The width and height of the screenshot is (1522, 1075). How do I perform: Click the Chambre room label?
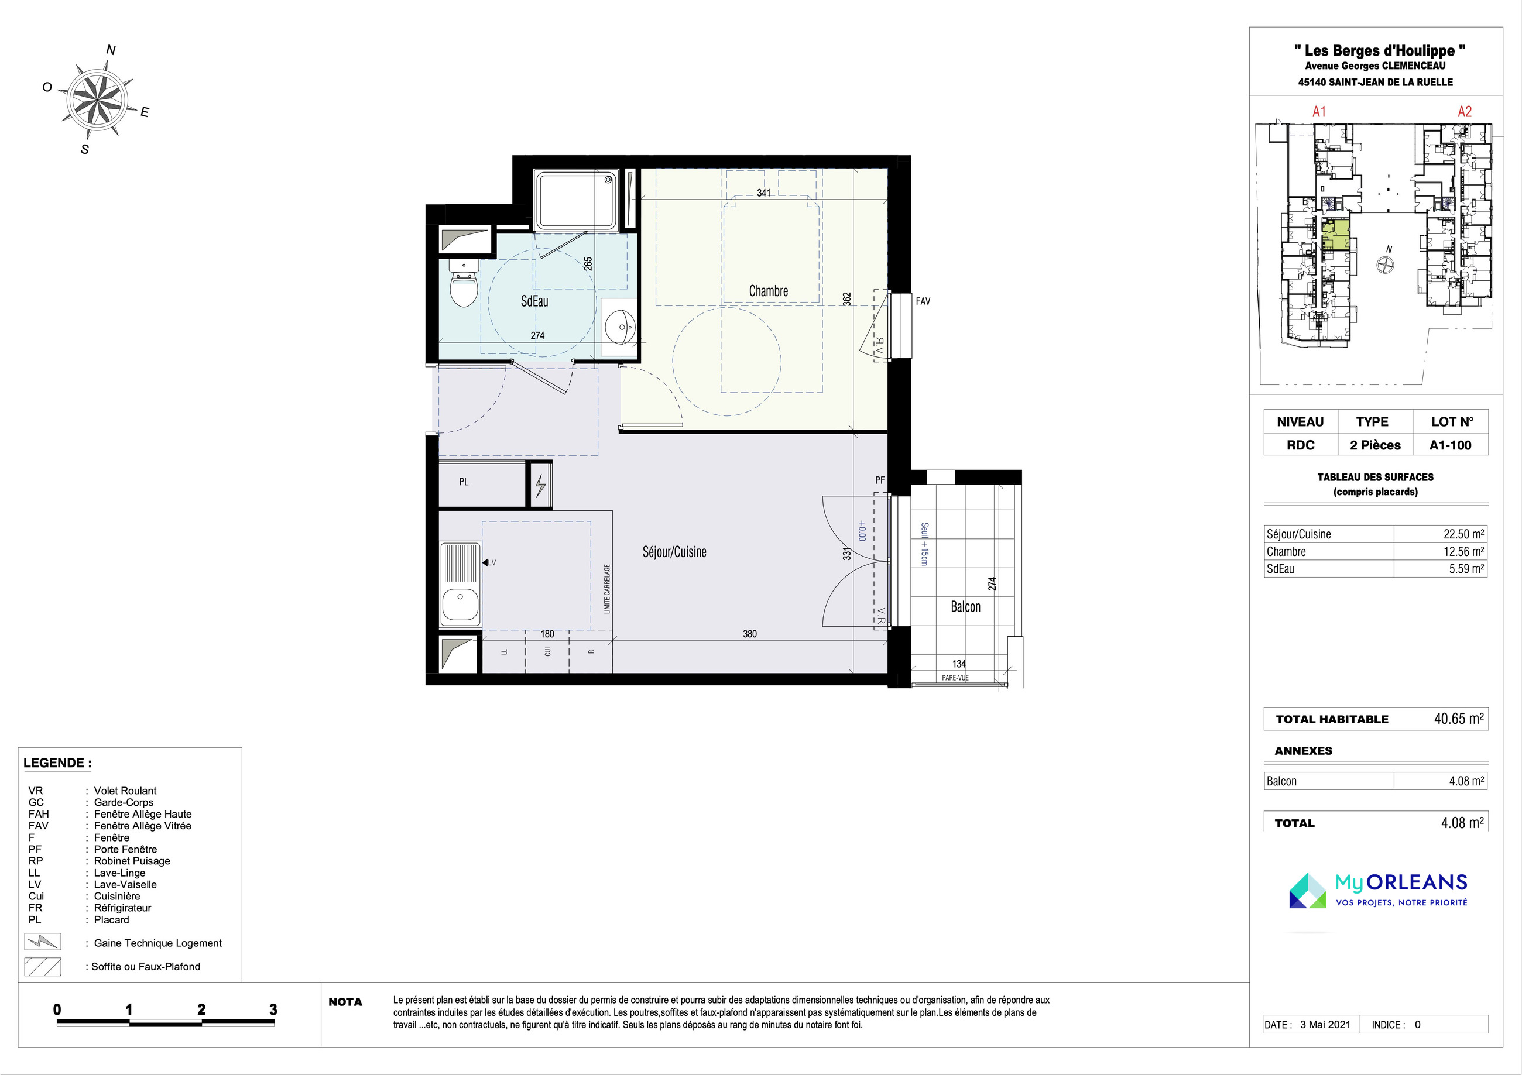768,291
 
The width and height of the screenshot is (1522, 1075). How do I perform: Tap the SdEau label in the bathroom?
534,301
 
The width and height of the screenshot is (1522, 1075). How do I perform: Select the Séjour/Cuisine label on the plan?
674,552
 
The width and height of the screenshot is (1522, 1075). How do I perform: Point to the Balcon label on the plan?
965,606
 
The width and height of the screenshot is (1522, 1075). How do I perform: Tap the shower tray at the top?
576,200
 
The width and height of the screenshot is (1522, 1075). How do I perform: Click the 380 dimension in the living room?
750,634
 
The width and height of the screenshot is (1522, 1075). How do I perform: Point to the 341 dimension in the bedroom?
764,193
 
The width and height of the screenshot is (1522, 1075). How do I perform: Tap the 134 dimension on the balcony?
958,664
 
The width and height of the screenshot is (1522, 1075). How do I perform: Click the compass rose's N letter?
111,50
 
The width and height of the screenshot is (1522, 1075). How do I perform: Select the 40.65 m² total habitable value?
1459,719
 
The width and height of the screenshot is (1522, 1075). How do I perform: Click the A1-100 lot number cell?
1451,445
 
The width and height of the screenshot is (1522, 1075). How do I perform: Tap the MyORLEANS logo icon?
1308,891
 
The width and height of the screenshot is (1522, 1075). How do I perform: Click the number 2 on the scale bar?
201,1009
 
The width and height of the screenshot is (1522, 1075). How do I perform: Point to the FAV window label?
923,301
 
